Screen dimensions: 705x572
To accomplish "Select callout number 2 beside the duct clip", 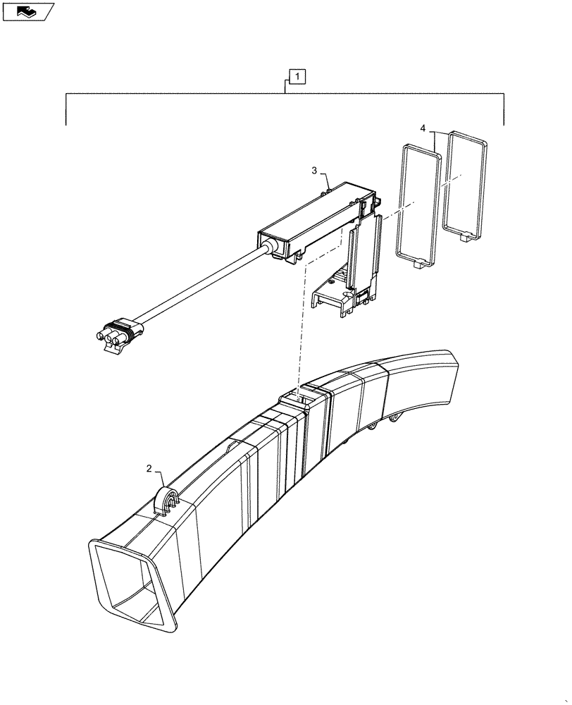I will (149, 469).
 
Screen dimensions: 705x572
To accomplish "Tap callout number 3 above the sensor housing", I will (316, 171).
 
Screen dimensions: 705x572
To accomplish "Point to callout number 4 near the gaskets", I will (423, 128).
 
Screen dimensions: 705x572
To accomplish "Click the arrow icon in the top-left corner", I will (27, 11).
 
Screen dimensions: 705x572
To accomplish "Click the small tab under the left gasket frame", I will (418, 266).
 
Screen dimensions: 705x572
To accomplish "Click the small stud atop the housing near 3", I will (329, 189).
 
